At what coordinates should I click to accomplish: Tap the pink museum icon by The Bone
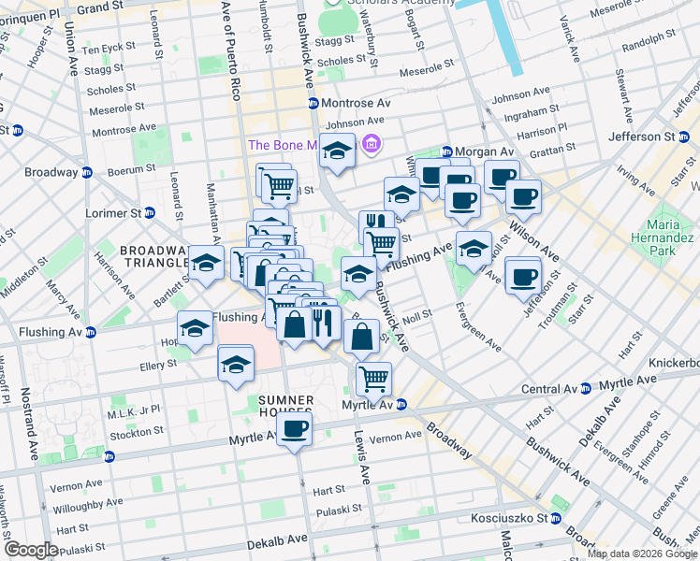(372, 144)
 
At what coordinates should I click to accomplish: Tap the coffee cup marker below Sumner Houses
(294, 429)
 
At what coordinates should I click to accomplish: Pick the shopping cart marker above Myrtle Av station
(373, 379)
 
